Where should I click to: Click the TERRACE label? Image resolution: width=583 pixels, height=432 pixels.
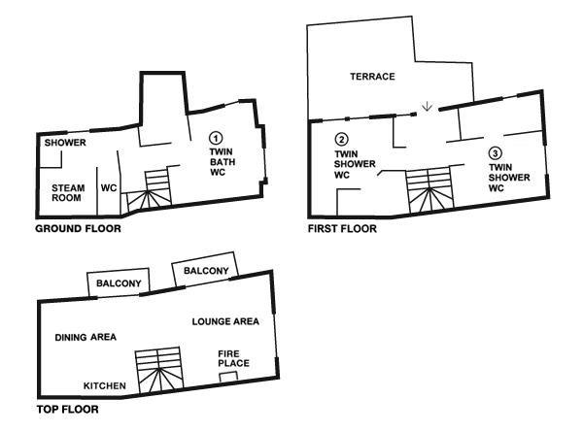pyautogui.click(x=372, y=77)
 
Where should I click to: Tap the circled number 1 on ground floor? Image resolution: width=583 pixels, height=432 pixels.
pyautogui.click(x=216, y=138)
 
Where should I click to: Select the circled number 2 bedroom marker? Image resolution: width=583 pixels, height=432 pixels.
pyautogui.click(x=341, y=139)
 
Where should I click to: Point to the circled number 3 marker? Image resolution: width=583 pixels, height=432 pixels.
pyautogui.click(x=496, y=152)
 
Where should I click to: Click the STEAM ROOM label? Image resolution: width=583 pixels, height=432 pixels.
pyautogui.click(x=68, y=193)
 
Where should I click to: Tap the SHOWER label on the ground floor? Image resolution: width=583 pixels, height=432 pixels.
pyautogui.click(x=65, y=143)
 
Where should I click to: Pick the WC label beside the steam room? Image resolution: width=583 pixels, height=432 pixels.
pyautogui.click(x=109, y=188)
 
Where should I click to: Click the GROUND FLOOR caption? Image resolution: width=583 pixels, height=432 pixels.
pyautogui.click(x=78, y=228)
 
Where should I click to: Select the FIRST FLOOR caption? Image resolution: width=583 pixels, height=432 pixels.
pyautogui.click(x=342, y=228)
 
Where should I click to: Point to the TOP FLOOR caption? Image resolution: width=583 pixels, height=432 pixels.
pyautogui.click(x=68, y=410)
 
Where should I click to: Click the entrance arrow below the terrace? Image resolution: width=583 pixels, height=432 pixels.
pyautogui.click(x=428, y=106)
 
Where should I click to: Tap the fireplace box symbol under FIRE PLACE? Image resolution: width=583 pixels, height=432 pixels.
pyautogui.click(x=228, y=377)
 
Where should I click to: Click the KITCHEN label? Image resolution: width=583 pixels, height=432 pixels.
pyautogui.click(x=105, y=386)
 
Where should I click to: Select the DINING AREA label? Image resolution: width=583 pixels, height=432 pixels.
pyautogui.click(x=86, y=337)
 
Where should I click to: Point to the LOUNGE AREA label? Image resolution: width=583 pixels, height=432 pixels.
pyautogui.click(x=225, y=321)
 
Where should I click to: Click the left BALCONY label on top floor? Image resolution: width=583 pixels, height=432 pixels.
pyautogui.click(x=119, y=283)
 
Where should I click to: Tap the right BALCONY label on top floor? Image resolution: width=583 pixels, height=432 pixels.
pyautogui.click(x=206, y=271)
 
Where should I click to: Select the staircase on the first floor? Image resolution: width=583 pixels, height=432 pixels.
pyautogui.click(x=429, y=190)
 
